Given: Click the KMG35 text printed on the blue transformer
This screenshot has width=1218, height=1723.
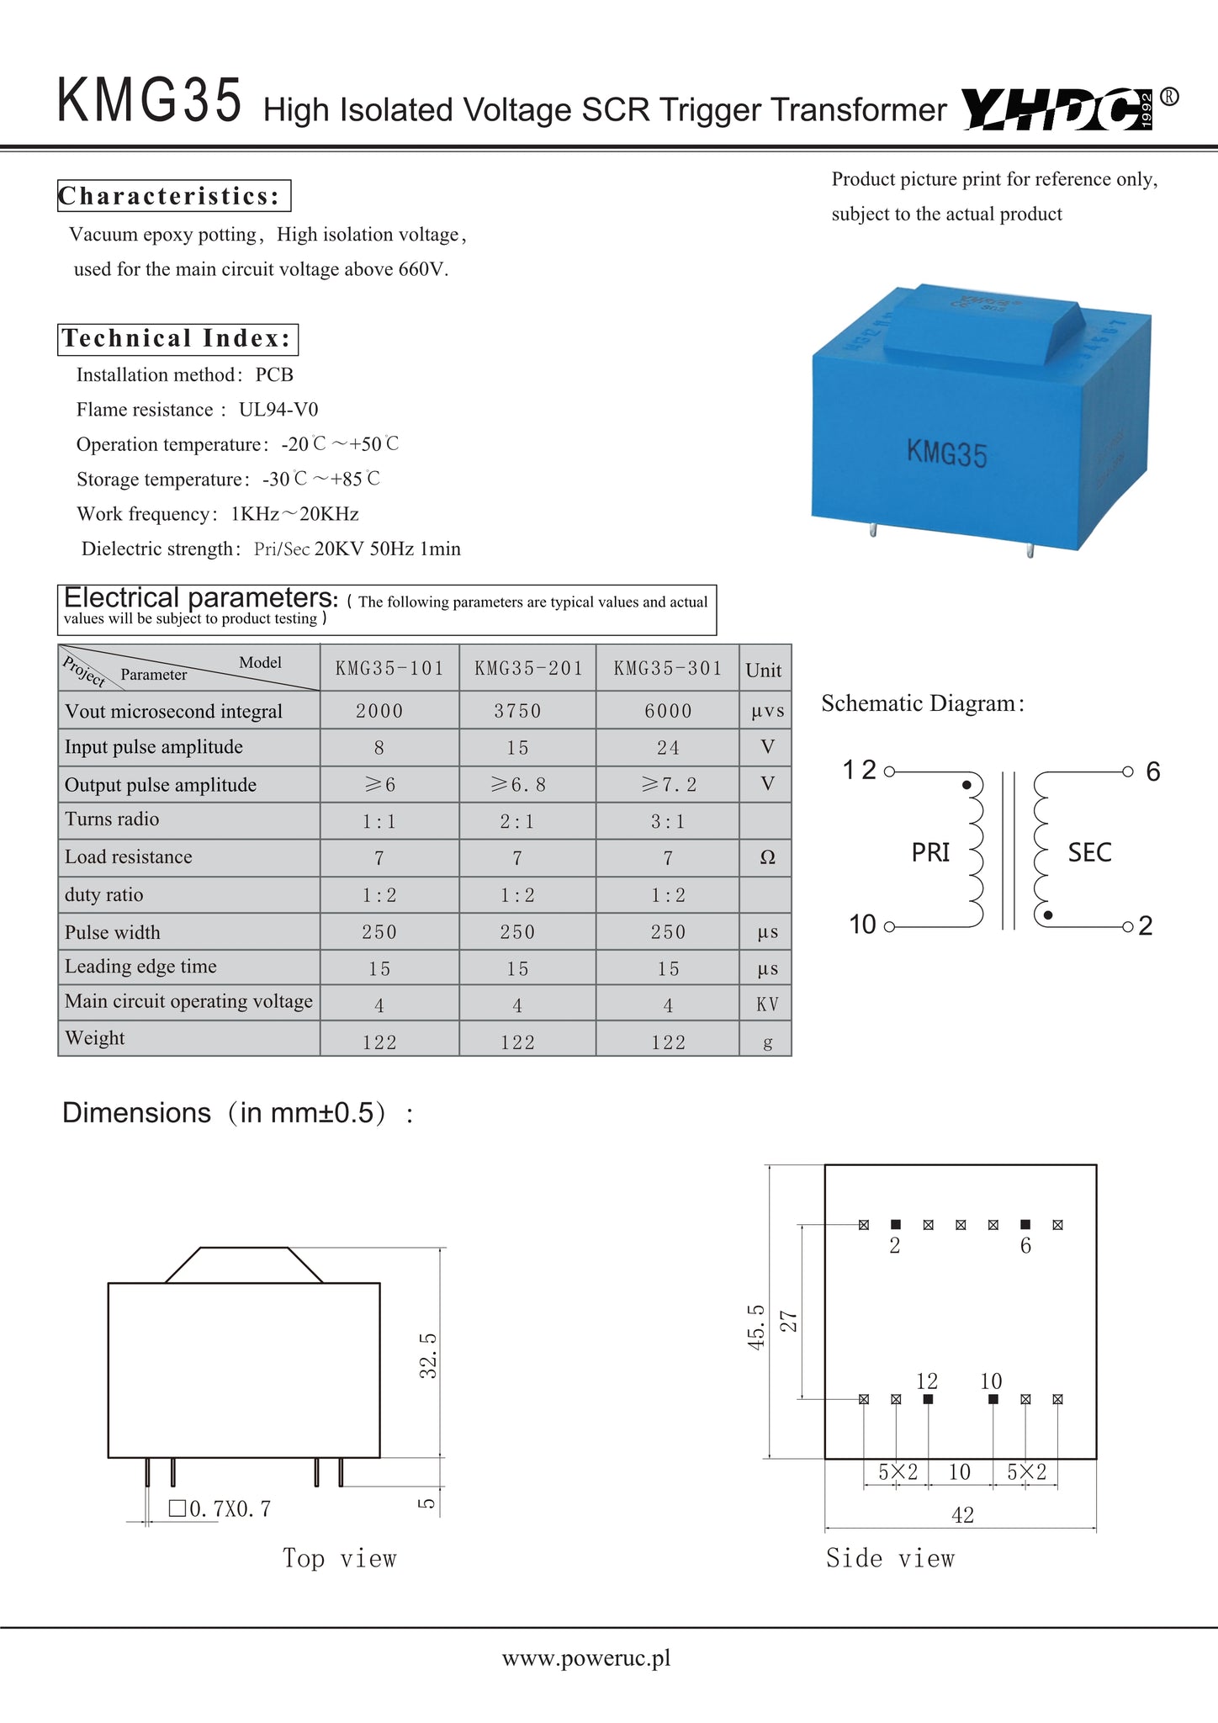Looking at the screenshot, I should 946,453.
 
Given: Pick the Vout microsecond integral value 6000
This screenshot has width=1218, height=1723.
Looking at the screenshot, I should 668,712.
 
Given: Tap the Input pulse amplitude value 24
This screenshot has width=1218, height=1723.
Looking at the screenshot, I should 668,748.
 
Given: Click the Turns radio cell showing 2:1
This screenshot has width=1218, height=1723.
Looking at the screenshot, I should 516,822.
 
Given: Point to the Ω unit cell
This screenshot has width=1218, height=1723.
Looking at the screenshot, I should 767,857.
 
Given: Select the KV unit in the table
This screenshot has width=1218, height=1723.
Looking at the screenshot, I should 767,1005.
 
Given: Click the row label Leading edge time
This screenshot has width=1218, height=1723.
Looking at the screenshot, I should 140,967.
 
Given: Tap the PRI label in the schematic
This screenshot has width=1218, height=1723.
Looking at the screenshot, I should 930,853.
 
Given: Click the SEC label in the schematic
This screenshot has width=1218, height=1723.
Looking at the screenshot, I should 1089,853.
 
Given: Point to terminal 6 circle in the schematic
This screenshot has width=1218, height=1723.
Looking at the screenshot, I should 1128,771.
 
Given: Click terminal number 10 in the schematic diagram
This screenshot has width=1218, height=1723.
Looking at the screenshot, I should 863,925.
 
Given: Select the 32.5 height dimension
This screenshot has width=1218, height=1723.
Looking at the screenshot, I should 428,1355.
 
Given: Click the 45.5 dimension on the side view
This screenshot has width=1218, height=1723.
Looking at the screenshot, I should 756,1328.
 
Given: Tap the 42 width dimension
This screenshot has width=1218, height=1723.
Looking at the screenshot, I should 962,1515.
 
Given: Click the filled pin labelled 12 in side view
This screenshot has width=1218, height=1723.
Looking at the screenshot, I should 928,1399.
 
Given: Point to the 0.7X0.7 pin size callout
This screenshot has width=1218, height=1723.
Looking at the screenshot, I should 220,1509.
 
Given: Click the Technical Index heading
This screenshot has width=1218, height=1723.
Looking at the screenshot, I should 177,339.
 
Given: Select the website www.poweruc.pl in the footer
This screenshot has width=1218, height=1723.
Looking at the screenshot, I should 586,1658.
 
